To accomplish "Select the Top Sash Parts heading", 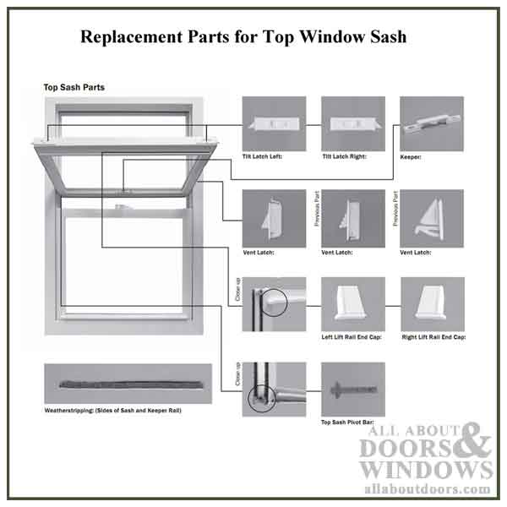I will (74, 87).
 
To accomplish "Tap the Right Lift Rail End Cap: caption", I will (434, 337).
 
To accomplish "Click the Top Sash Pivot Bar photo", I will (352, 389).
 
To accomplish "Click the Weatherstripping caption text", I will (112, 410).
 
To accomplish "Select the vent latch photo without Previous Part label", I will (273, 218).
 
